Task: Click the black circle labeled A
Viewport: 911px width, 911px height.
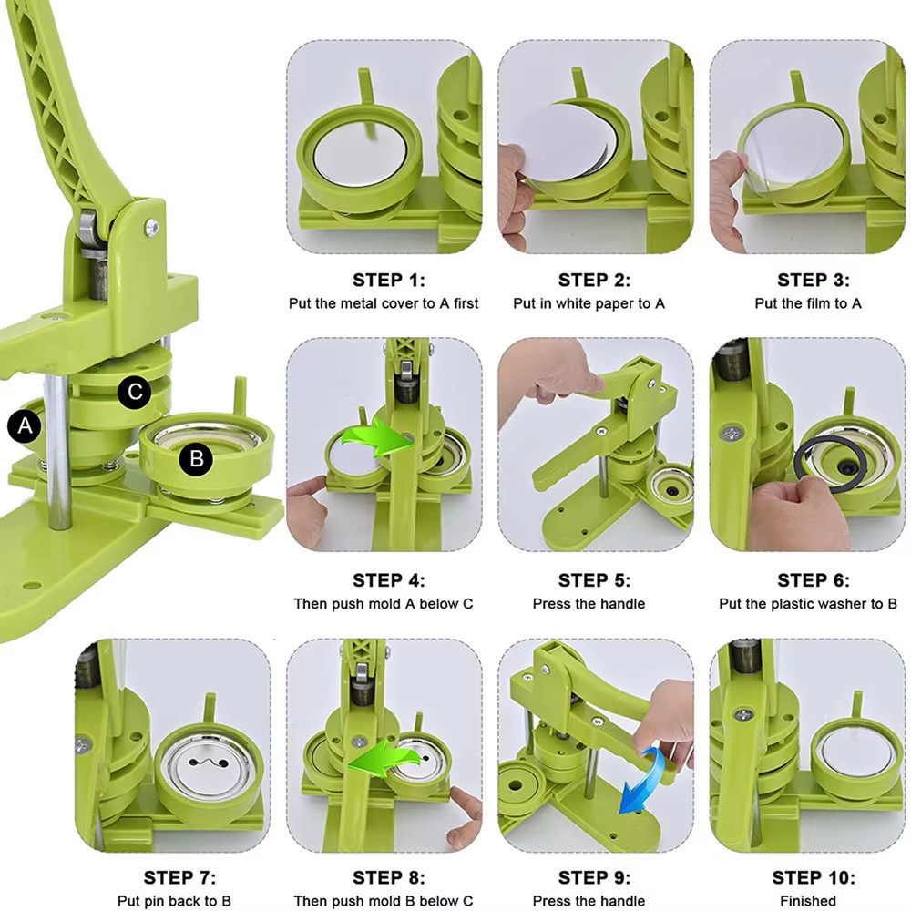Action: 24,425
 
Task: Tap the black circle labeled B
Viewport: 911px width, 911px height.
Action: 196,459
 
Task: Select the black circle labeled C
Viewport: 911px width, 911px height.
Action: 135,393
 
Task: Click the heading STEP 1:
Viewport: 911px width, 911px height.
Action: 389,280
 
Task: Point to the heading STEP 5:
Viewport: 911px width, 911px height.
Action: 595,580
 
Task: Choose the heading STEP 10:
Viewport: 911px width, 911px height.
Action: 814,878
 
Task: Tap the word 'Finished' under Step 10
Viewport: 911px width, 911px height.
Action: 808,901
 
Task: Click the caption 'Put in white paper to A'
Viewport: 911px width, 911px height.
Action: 589,303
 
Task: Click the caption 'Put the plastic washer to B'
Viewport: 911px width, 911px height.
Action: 808,603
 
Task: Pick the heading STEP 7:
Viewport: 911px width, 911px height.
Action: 179,878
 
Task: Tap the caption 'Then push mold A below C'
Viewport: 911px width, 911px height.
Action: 384,603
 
